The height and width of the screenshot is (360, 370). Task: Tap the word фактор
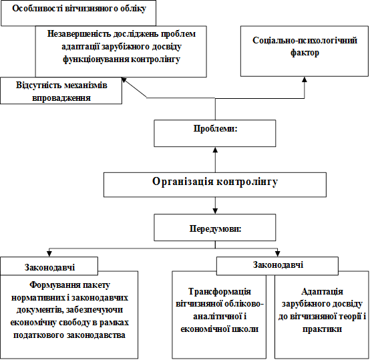click(x=305, y=53)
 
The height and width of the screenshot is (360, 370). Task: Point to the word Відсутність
click(x=38, y=85)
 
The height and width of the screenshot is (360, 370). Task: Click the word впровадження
click(x=61, y=98)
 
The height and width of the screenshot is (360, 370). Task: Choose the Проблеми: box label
click(x=215, y=128)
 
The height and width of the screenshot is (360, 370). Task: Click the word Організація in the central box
click(x=183, y=182)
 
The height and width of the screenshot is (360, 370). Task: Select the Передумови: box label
click(x=215, y=229)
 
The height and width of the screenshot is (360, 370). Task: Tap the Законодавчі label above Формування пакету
click(x=50, y=267)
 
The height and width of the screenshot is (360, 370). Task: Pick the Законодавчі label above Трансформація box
click(x=278, y=264)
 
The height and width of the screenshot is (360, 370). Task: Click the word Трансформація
click(x=220, y=292)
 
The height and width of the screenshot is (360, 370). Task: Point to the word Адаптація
click(x=322, y=292)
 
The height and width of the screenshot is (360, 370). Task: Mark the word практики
click(x=322, y=329)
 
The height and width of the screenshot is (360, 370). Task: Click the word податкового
click(x=38, y=335)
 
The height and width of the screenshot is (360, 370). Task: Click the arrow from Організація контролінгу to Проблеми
click(x=215, y=160)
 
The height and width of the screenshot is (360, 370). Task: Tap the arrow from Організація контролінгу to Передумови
click(x=215, y=206)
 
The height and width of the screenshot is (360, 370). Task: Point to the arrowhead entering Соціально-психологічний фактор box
click(x=305, y=79)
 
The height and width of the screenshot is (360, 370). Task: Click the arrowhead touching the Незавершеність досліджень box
click(x=124, y=80)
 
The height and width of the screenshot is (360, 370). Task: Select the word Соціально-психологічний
click(x=305, y=40)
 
